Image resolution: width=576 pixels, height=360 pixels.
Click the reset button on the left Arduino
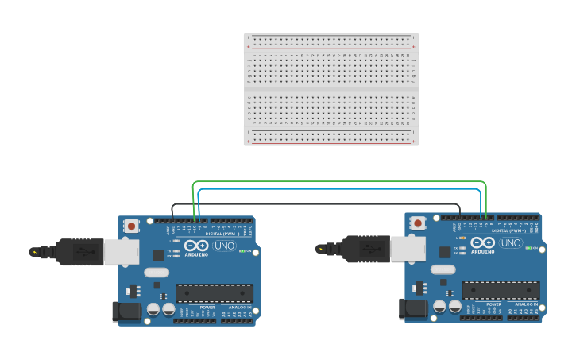coord(131,226)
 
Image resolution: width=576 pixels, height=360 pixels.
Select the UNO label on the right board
coord(511,242)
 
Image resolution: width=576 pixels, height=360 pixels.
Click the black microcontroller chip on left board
coord(214,292)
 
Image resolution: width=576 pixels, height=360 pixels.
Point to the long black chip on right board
coord(501,290)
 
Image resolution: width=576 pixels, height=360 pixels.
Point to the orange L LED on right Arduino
coord(463,238)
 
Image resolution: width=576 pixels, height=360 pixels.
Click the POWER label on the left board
coord(207,307)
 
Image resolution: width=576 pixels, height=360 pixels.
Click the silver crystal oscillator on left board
coord(154,272)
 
